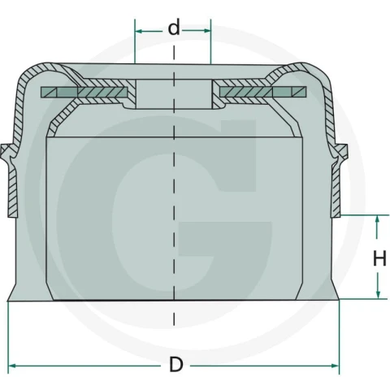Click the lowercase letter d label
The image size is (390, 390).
click(174, 28)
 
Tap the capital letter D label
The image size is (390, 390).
click(176, 365)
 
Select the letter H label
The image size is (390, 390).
click(379, 258)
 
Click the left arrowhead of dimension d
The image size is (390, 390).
click(139, 31)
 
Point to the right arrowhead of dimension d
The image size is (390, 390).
click(207, 31)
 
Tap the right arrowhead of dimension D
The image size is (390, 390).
click(335, 366)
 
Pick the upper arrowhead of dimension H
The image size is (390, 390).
click(378, 219)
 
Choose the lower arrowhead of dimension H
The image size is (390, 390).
click(378, 295)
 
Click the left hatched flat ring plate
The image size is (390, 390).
click(84, 93)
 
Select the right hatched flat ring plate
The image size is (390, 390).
click(263, 92)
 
